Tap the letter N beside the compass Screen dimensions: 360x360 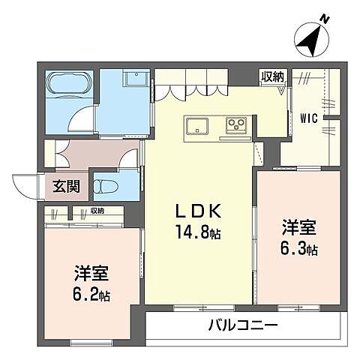coord(324,18)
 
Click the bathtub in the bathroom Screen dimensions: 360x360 coord(70,88)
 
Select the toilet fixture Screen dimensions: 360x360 coord(105,185)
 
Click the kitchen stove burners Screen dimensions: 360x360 coord(237,124)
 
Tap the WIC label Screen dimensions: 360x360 coord(309,118)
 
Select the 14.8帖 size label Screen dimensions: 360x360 coord(198,233)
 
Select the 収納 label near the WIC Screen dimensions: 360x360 coord(271,75)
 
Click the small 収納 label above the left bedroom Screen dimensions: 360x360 coord(94,211)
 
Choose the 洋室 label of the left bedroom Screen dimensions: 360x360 coord(88,272)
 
